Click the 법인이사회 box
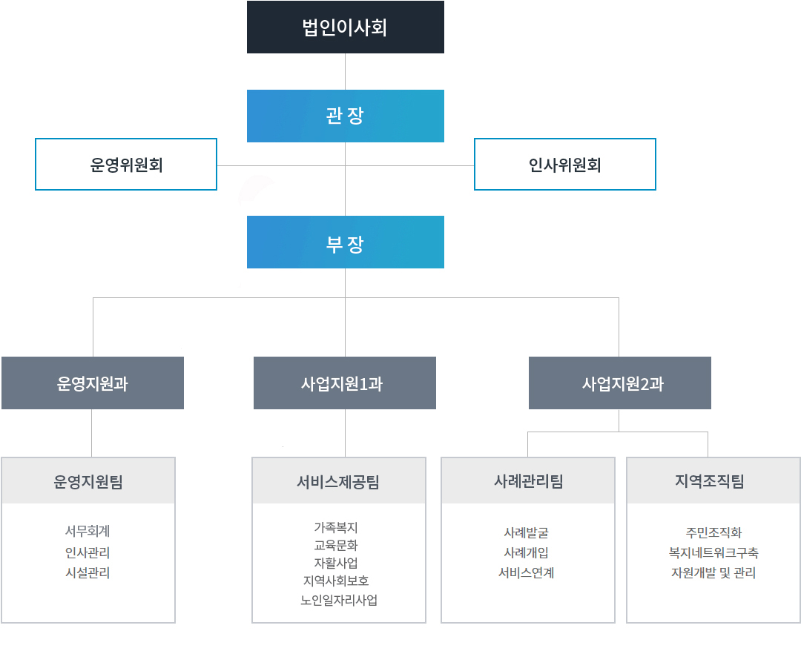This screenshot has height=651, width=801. pos(346,27)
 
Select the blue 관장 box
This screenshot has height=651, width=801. pos(346,116)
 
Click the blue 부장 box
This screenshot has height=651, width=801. pos(346,242)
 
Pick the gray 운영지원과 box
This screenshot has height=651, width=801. pos(93,383)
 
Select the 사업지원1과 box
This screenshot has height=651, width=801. pos(345,383)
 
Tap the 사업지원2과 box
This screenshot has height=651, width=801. pos(619,383)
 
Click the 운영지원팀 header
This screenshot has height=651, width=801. pos(88,481)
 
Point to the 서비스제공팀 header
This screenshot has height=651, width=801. pos(339,481)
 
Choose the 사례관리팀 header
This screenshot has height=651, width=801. pos(528,481)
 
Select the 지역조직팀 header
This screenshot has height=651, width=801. pos(713,481)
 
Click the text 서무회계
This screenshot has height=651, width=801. pos(88,531)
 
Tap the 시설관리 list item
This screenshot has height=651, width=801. pos(88,573)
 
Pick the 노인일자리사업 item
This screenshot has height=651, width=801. pos(339,600)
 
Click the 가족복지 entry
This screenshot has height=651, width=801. pos(336,527)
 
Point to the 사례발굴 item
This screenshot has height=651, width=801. pos(526,532)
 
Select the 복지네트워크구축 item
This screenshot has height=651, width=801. pos(713,552)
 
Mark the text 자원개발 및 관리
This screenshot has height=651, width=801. pos(713,573)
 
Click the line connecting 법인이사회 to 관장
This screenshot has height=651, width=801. pos(346,71)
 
